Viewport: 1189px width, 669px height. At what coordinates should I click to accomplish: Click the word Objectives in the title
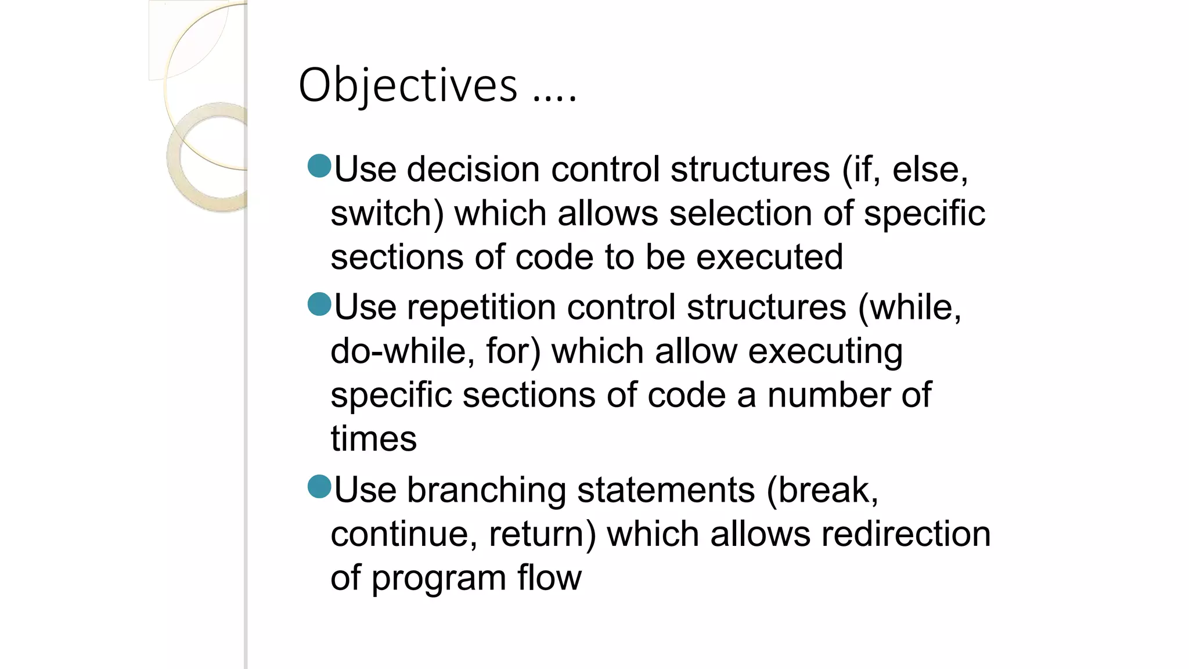(x=408, y=86)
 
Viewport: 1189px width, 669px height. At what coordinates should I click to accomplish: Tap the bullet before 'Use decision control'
(x=319, y=166)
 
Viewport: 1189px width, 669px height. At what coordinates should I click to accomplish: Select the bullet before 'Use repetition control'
(x=319, y=304)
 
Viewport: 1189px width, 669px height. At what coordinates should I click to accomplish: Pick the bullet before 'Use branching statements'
(x=319, y=487)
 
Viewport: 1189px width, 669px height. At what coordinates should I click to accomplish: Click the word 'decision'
(x=473, y=170)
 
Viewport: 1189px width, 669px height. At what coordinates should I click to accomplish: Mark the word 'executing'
(x=825, y=352)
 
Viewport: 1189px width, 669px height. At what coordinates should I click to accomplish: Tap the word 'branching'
(x=487, y=490)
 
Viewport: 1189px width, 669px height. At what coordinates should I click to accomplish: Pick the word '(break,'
(x=822, y=490)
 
